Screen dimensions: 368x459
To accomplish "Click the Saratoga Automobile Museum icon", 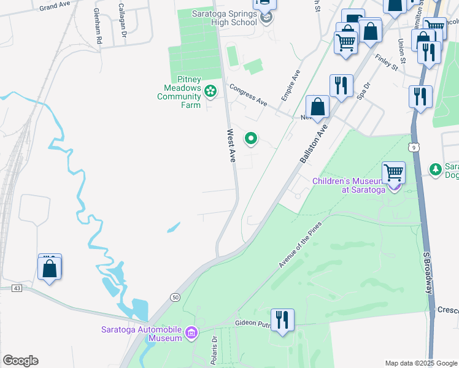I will point(191,332).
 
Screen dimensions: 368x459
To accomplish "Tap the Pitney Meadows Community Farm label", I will point(180,92).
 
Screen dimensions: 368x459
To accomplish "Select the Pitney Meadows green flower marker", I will point(210,91).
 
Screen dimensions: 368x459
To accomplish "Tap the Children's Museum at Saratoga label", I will point(349,185).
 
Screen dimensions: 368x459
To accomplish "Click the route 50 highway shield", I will point(175,297).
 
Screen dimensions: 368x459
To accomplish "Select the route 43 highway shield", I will point(17,288).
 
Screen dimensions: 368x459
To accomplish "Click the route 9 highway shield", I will point(415,147).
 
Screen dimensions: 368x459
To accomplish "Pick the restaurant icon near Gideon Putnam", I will point(282,320).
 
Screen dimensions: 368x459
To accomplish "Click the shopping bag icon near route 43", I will point(49,269).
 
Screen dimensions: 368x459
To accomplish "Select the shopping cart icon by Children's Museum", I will point(393,172).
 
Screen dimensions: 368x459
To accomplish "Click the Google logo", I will point(20,361).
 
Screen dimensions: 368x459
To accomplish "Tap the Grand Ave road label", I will point(55,6).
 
